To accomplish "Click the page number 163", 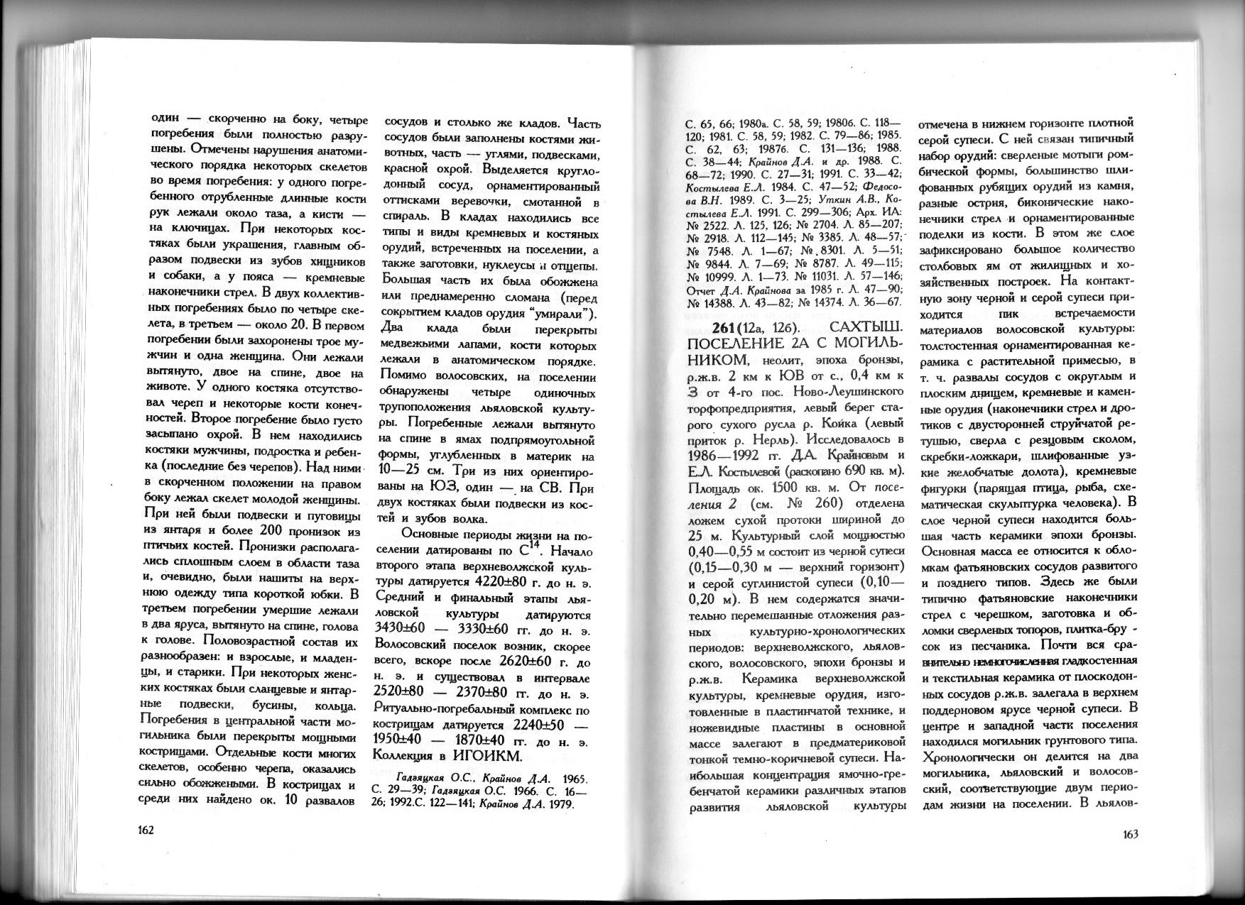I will tap(1130, 835).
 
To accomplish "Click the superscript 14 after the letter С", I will tap(535, 547).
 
